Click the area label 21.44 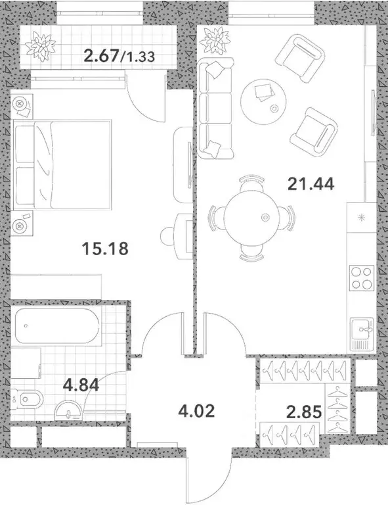tap(311, 183)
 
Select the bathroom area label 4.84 tap(81, 384)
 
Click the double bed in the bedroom tap(62, 161)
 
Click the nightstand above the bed tap(21, 104)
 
